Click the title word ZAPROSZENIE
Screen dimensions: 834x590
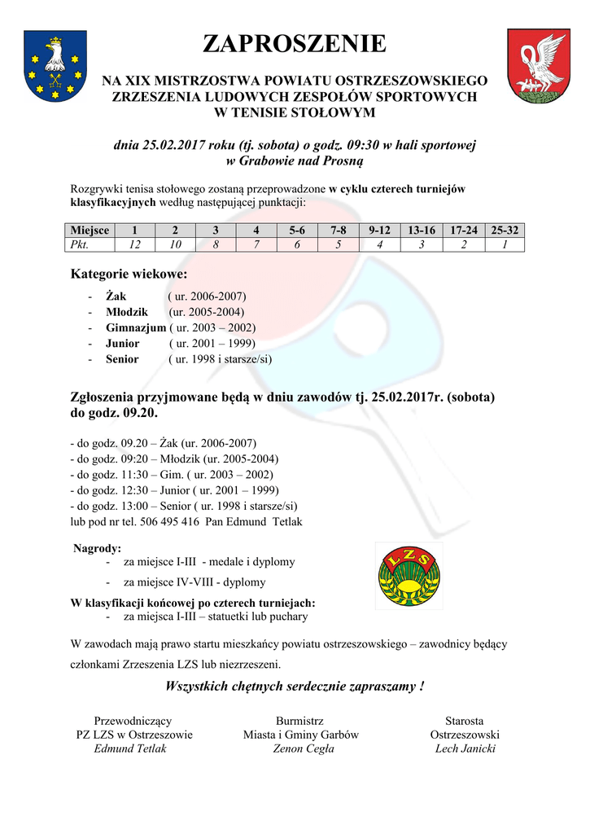tap(294, 44)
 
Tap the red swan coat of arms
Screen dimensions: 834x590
tap(538, 65)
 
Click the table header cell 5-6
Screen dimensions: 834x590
tap(297, 230)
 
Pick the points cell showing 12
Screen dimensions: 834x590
tap(133, 244)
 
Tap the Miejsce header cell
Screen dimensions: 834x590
tap(89, 230)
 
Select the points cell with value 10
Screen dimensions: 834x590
tap(175, 244)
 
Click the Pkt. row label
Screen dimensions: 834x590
tap(80, 244)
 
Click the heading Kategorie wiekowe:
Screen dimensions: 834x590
tap(130, 274)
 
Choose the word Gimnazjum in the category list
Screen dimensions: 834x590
tap(136, 327)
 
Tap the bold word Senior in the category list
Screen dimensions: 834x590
tap(122, 358)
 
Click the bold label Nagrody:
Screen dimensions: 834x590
tap(98, 548)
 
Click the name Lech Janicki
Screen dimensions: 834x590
tap(465, 748)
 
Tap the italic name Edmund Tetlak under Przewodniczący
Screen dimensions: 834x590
tap(130, 748)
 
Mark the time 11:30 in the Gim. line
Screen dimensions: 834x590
tap(136, 475)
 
